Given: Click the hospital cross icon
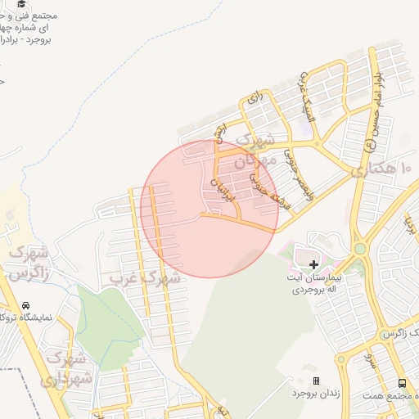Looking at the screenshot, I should [x=314, y=264].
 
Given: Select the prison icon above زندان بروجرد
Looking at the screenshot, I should [x=316, y=381].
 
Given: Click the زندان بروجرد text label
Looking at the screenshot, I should [x=315, y=394].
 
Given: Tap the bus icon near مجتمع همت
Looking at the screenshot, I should [x=402, y=383].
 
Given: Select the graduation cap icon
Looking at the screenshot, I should [x=20, y=4].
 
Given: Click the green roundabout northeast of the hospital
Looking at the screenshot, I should [x=359, y=248].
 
